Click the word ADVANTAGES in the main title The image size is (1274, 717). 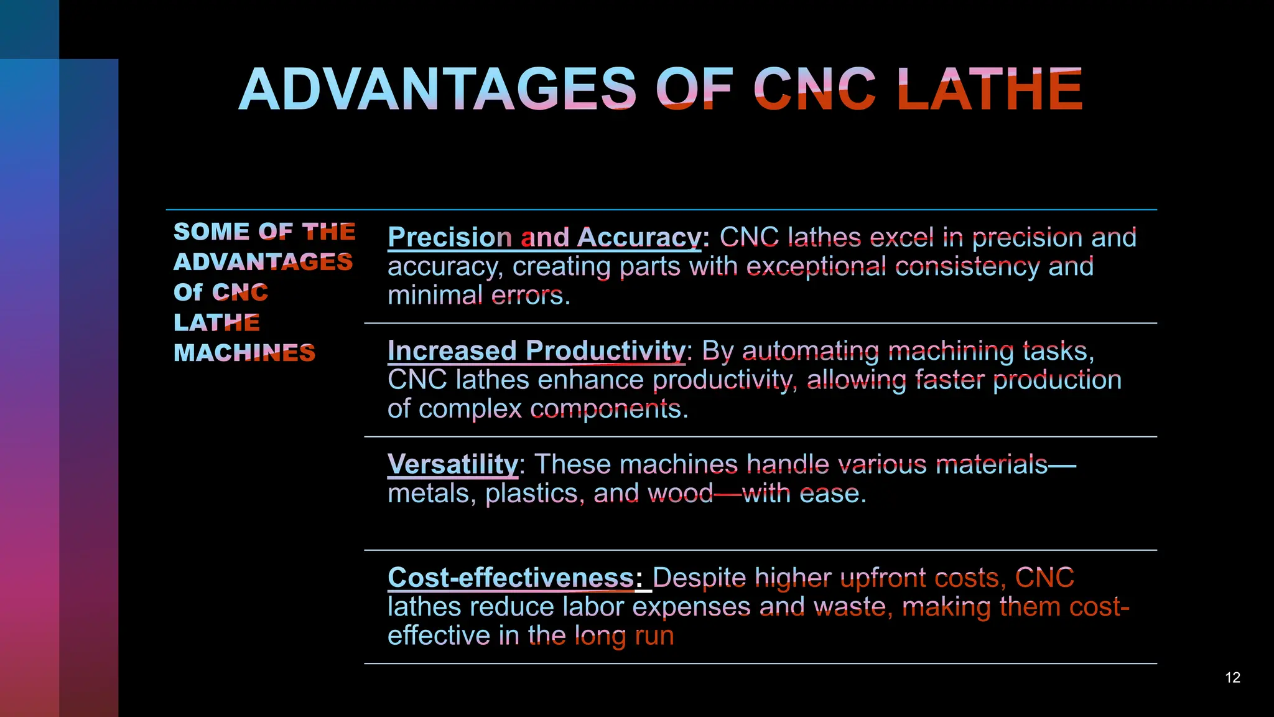tap(438, 90)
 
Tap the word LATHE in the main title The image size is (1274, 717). tap(990, 90)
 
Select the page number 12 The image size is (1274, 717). tap(1232, 677)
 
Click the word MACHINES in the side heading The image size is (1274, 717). tap(244, 353)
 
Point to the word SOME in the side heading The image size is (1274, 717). tap(211, 232)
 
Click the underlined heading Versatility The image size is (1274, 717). tap(452, 464)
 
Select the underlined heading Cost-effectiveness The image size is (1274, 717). tap(511, 578)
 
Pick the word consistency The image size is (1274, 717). tap(967, 266)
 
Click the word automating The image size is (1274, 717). tap(811, 351)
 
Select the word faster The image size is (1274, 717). tap(949, 380)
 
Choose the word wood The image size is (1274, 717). tap(681, 494)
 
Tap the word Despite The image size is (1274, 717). tap(699, 578)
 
